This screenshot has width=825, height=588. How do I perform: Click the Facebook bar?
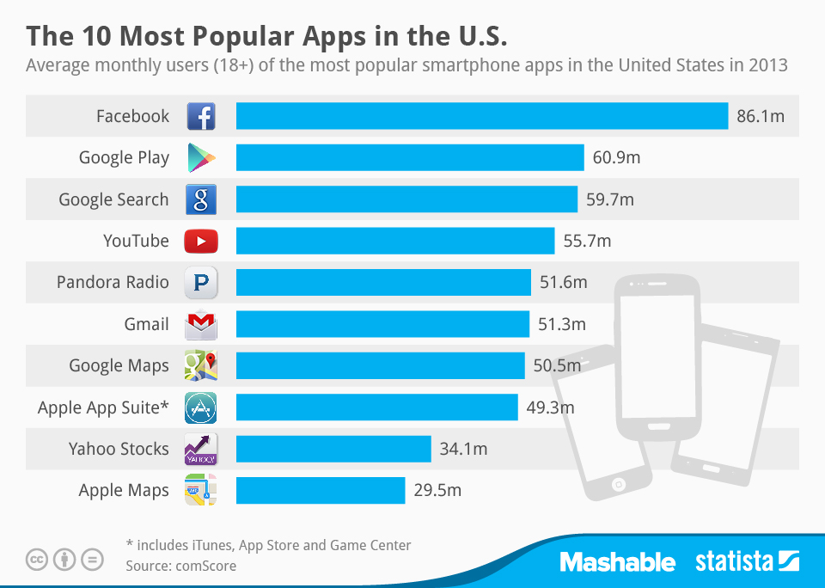(481, 116)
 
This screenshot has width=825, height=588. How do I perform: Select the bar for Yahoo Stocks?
(333, 449)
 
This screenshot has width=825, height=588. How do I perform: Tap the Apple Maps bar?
(321, 490)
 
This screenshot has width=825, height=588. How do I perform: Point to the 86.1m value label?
(761, 116)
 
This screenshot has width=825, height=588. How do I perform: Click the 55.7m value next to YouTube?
(587, 241)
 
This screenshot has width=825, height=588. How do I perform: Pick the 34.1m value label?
(463, 449)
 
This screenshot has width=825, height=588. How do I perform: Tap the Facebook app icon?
(201, 116)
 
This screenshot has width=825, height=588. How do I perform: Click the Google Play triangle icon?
(201, 158)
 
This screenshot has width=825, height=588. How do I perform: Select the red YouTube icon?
(201, 242)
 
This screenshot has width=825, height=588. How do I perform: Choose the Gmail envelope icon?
(201, 324)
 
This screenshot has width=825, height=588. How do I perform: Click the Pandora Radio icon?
(201, 283)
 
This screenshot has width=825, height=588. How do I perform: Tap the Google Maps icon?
(201, 366)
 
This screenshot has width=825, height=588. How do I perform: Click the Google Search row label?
(113, 199)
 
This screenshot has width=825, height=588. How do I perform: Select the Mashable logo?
(617, 562)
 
